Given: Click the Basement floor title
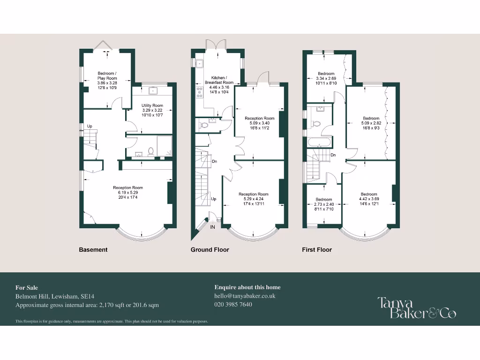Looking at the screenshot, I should [x=93, y=250].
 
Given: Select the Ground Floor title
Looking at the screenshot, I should [x=210, y=250].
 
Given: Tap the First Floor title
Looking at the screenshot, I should [x=316, y=250].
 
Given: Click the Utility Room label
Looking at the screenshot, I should [x=152, y=105].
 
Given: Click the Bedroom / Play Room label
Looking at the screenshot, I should [x=107, y=75].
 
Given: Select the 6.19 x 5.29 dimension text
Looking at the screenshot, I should [x=128, y=192].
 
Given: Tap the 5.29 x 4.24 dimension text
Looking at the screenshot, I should [x=253, y=199].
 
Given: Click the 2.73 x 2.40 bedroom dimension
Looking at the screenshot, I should [x=323, y=204].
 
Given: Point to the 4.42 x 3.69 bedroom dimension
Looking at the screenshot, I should [x=369, y=199].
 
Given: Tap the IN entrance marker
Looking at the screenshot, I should [x=212, y=227].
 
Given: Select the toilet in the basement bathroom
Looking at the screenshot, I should [x=150, y=151].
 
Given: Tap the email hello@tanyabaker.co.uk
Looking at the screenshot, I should [x=245, y=296].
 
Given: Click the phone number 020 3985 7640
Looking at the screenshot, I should [x=233, y=304].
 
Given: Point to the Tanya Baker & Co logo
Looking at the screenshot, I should [x=417, y=307].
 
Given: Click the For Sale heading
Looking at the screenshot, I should [x=27, y=287].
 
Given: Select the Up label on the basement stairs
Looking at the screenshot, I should [x=89, y=126].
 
